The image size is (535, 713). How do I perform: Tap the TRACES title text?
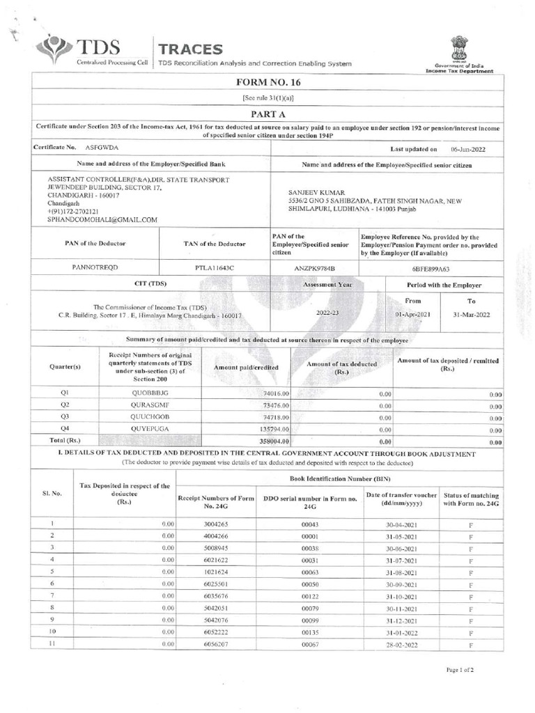click(x=191, y=49)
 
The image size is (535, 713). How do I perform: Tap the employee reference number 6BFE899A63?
click(x=431, y=267)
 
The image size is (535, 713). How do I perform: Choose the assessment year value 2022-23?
click(x=327, y=314)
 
